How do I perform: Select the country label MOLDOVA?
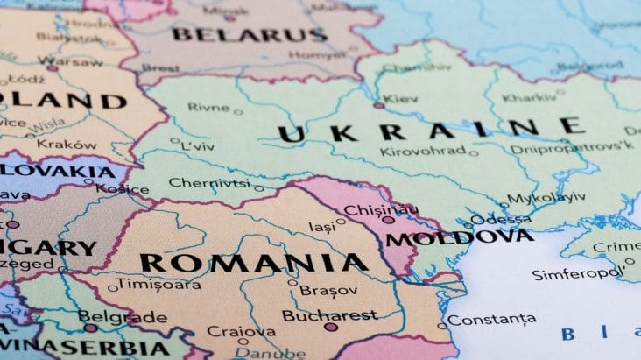[459, 237]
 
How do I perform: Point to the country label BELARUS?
[249, 35]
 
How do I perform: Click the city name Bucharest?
[329, 315]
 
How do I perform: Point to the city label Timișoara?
[159, 285]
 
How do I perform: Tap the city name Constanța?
[491, 319]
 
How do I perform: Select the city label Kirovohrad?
[423, 151]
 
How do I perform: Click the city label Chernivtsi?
[209, 183]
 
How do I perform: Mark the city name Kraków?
[67, 144]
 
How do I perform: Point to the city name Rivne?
[208, 108]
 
